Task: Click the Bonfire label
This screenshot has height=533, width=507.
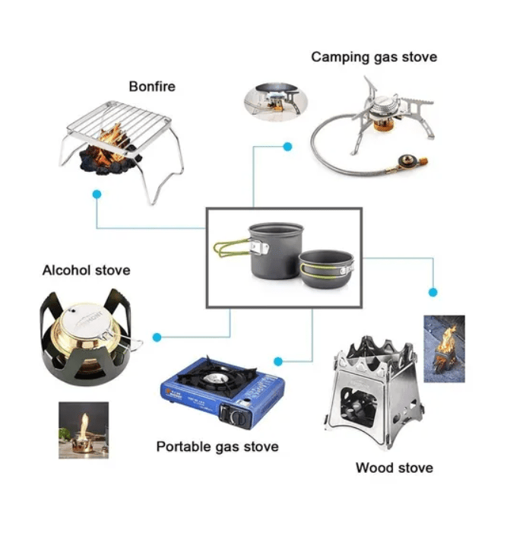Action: click(x=152, y=87)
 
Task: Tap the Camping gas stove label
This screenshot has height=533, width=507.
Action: click(x=374, y=57)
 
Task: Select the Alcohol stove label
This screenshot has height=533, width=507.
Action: click(x=86, y=270)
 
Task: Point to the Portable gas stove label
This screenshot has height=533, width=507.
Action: click(x=217, y=446)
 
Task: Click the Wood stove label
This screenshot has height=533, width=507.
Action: click(x=395, y=467)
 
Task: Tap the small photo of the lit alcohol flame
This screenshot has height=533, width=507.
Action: click(x=84, y=430)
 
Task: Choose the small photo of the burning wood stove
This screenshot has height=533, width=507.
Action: click(x=444, y=348)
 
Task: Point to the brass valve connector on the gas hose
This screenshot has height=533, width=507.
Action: click(x=407, y=162)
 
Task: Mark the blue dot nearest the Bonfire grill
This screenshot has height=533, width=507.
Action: click(x=97, y=195)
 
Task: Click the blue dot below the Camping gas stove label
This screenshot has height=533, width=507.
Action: click(x=287, y=146)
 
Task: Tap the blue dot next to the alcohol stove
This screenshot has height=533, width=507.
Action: click(x=157, y=337)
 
